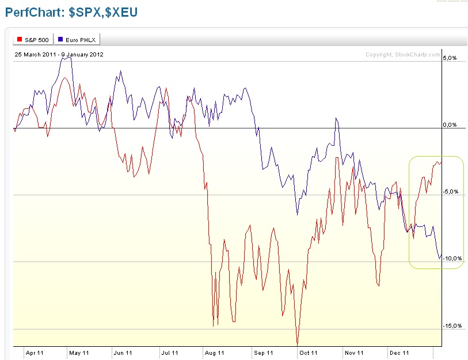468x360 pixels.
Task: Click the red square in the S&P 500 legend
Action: pyautogui.click(x=20, y=39)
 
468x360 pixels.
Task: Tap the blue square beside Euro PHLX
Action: pyautogui.click(x=60, y=39)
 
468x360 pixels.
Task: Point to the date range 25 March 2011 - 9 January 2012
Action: pyautogui.click(x=59, y=55)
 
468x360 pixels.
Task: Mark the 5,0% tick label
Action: pyautogui.click(x=450, y=58)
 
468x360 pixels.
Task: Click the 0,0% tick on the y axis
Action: pyautogui.click(x=450, y=125)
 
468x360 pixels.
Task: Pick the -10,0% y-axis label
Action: pyautogui.click(x=452, y=259)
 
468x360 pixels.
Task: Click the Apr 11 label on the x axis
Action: pyautogui.click(x=35, y=353)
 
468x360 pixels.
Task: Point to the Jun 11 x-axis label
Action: pyautogui.click(x=123, y=353)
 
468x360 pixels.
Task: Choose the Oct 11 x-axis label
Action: pyautogui.click(x=309, y=353)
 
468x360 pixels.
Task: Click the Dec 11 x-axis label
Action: pyautogui.click(x=399, y=353)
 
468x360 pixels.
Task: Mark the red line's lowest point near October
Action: pyautogui.click(x=297, y=344)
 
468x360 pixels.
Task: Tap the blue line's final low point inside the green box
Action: pyautogui.click(x=440, y=259)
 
